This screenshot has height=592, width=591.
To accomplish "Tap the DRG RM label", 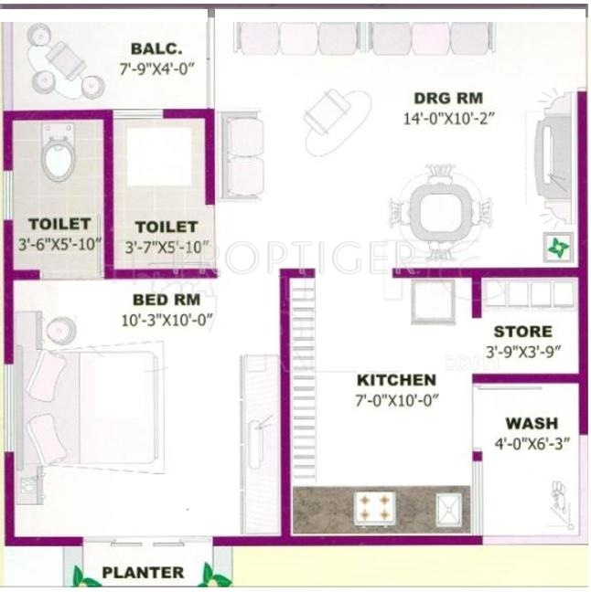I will pos(448,99).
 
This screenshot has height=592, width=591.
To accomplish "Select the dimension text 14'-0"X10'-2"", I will pos(448,118).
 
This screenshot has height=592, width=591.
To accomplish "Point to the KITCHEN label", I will pos(396,379).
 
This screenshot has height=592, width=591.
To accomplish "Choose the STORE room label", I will pos(522,332).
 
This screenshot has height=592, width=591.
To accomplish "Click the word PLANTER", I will pos(143,573).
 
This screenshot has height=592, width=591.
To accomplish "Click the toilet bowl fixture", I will pos(58,158).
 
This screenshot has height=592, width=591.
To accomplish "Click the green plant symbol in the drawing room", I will pos(557,246).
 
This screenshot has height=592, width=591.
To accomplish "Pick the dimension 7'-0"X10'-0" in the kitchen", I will pos(396,399).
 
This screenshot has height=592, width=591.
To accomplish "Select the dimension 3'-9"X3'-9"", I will pos(522,350).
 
